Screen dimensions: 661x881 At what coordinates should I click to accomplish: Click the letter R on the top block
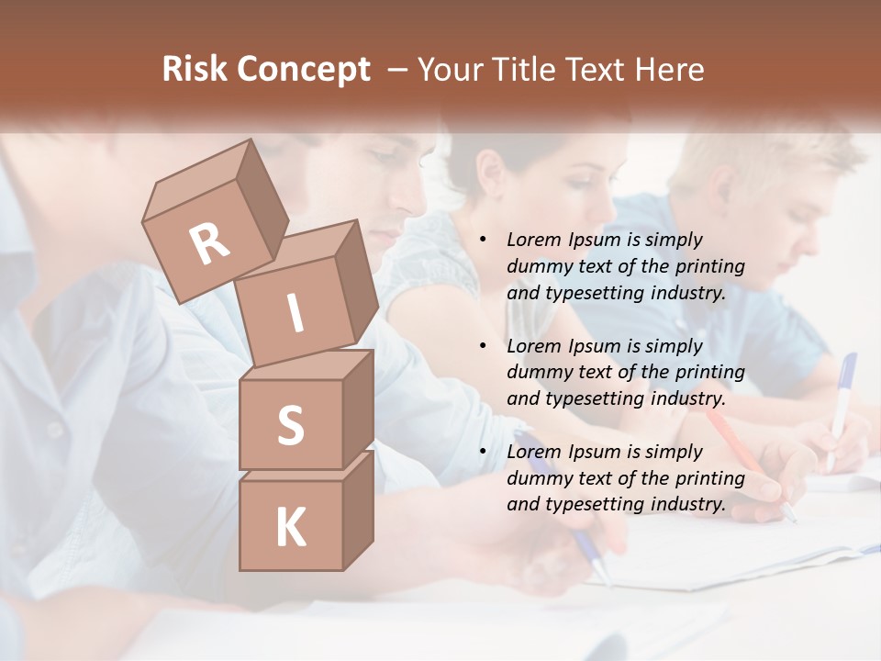[209, 243]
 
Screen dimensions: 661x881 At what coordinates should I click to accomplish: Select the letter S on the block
[290, 425]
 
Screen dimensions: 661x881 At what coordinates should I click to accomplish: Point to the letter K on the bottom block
[290, 528]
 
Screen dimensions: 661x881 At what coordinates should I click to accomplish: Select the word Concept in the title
[303, 70]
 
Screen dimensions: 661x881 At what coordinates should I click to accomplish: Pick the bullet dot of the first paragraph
[483, 241]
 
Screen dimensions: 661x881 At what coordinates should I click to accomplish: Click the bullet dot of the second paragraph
[483, 346]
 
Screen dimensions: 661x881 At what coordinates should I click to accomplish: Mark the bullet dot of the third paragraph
[483, 452]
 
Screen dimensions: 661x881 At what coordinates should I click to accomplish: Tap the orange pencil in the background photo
[734, 441]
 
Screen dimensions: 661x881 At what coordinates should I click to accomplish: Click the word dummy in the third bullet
[539, 477]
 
